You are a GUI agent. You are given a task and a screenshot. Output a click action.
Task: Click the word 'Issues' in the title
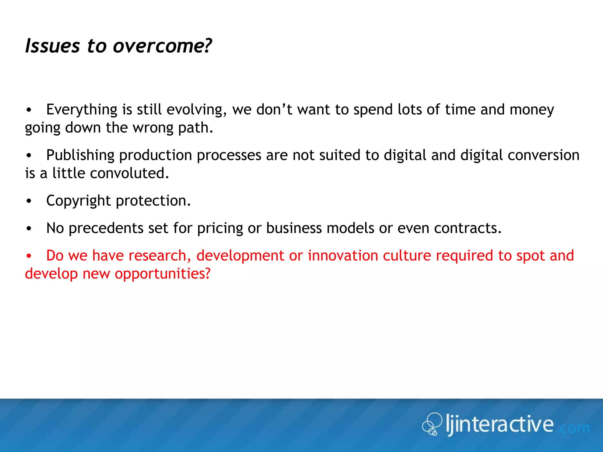click(52, 46)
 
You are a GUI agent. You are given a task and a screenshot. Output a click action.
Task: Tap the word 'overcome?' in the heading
click(162, 46)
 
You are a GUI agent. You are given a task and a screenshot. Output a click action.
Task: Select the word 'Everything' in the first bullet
click(82, 110)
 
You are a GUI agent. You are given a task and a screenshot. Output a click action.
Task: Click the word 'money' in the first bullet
click(532, 110)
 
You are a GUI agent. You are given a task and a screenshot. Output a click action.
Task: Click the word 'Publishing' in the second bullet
click(80, 155)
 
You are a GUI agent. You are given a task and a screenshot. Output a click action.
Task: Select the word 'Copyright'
click(78, 201)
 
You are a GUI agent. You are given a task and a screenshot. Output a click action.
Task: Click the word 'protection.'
click(153, 201)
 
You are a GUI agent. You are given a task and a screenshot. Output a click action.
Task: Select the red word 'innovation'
click(343, 255)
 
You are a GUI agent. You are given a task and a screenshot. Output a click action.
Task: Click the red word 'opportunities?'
click(163, 274)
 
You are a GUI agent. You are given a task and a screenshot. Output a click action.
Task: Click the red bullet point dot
click(29, 256)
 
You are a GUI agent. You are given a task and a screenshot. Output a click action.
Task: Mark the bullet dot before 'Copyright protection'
click(29, 201)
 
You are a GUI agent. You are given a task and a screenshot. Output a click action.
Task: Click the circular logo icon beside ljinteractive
click(432, 424)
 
